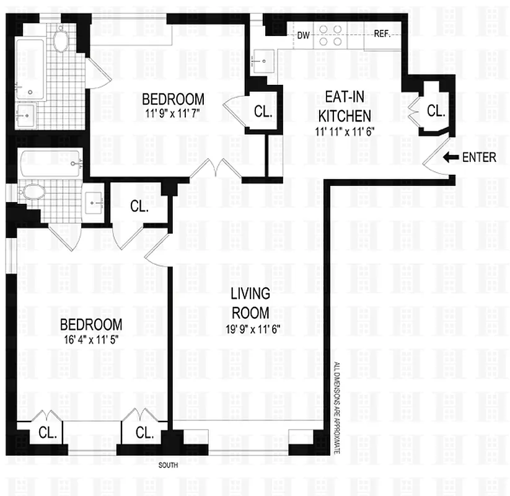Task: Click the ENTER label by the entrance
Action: pos(479,157)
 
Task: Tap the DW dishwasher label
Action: pos(303,35)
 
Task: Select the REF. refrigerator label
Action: pos(382,35)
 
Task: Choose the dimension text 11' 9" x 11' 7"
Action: pos(173,113)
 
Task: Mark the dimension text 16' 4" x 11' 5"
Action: pos(91,340)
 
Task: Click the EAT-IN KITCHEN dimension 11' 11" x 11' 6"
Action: pos(345,130)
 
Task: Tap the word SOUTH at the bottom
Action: pos(169,465)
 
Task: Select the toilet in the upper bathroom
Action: pos(60,42)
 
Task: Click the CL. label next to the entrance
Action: pos(436,112)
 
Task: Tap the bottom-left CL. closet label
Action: pos(48,433)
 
